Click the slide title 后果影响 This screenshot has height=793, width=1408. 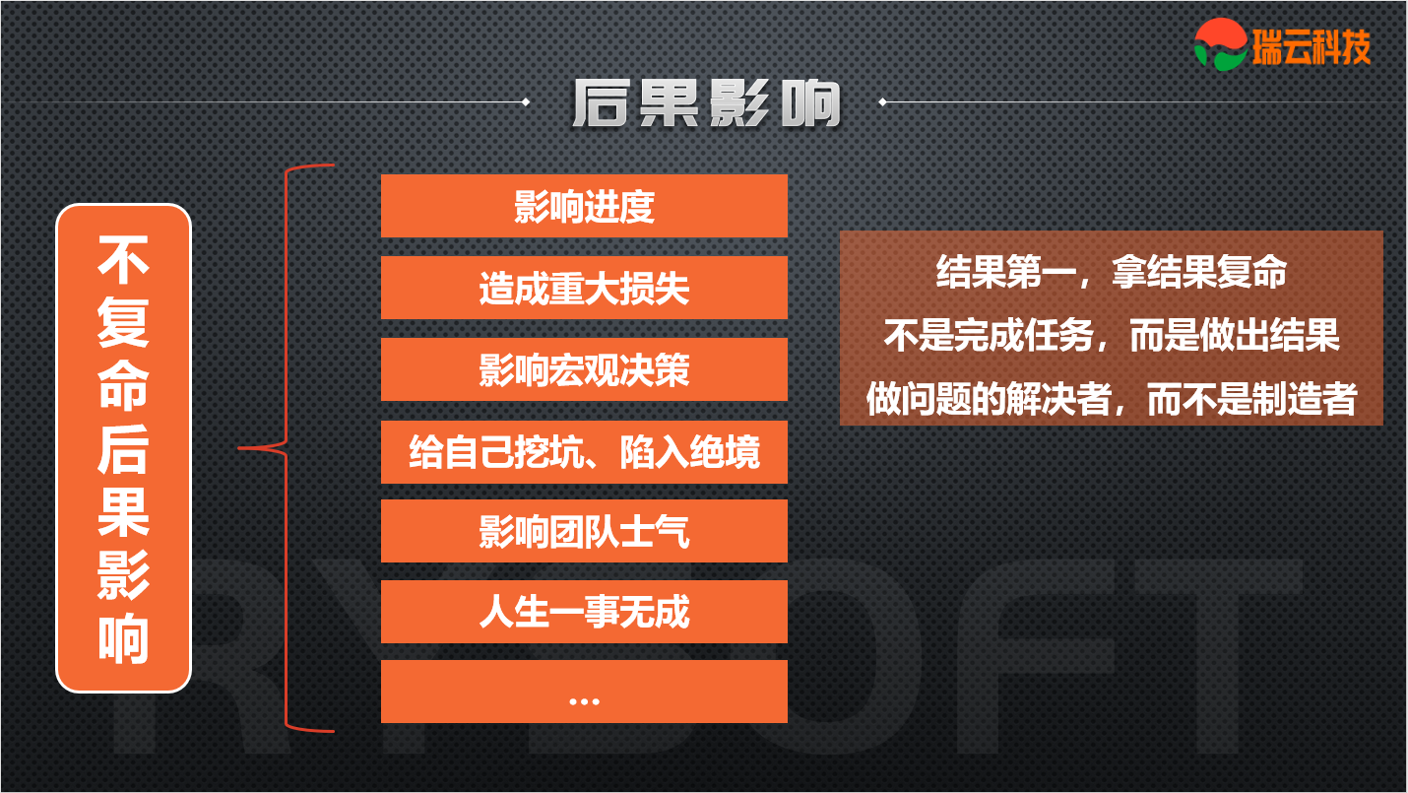tap(707, 103)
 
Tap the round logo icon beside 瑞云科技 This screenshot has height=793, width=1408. tap(1221, 44)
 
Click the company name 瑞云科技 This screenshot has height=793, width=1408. tap(1312, 46)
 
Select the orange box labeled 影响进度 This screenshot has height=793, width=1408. tap(584, 206)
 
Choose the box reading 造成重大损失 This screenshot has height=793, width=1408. tap(584, 288)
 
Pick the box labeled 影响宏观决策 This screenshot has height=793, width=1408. tap(584, 369)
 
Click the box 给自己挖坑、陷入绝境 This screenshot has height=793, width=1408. tap(584, 451)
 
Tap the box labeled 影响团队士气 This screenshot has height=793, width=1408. tap(584, 531)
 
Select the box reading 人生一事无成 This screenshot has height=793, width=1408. tap(584, 612)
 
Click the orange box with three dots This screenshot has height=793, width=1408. tap(584, 692)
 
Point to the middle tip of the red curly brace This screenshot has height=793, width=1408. tap(239, 448)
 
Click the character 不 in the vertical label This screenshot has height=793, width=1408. tap(123, 260)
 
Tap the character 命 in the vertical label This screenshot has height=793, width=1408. tap(123, 385)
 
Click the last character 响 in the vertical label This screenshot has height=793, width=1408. tap(123, 637)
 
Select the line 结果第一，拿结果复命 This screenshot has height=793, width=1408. tap(1112, 272)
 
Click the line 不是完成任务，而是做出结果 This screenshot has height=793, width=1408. tap(1112, 335)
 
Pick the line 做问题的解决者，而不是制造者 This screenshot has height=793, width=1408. tap(1112, 399)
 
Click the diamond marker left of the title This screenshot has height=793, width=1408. tap(526, 101)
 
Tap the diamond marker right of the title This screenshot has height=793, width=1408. tap(882, 101)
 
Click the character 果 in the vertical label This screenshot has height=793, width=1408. tap(123, 512)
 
